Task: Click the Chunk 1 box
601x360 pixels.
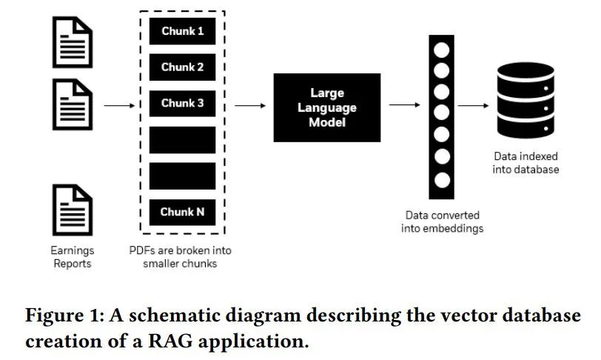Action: (182, 31)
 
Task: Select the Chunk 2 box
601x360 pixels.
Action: (182, 67)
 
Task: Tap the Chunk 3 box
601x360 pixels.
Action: (182, 103)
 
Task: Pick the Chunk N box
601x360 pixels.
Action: (182, 212)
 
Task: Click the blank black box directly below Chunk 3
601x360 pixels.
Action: (182, 139)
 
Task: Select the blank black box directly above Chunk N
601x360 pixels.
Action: (182, 176)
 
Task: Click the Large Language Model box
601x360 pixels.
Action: (326, 108)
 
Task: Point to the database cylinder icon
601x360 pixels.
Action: (526, 104)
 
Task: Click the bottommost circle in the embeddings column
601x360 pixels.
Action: (442, 179)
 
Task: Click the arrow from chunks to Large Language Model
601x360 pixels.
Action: (249, 105)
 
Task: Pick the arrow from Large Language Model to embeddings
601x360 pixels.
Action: (404, 105)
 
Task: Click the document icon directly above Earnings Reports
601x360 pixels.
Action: (73, 210)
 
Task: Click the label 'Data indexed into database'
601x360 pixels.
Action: (526, 163)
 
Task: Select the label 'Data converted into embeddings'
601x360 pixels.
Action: (443, 221)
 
